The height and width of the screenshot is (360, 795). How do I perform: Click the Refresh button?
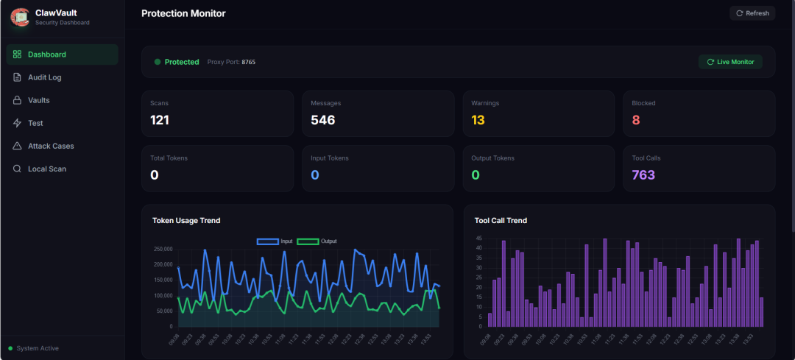(x=752, y=13)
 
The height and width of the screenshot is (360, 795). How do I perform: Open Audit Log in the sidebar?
(x=44, y=77)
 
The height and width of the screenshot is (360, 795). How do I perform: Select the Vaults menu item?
(x=38, y=100)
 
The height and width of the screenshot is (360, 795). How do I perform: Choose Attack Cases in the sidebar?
(x=50, y=146)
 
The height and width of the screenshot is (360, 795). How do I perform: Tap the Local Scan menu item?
(x=46, y=169)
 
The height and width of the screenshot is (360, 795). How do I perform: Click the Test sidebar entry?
(x=35, y=123)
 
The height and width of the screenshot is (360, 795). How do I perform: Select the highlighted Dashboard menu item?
(x=46, y=54)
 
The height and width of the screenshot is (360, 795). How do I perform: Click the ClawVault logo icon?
(x=19, y=17)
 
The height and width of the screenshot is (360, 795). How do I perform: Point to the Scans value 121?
(x=160, y=120)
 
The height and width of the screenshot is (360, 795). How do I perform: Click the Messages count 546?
(x=322, y=120)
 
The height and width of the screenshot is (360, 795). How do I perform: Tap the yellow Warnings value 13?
(x=478, y=120)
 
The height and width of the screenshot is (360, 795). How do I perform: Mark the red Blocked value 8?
(x=636, y=120)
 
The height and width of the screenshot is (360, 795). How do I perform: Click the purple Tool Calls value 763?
(x=643, y=174)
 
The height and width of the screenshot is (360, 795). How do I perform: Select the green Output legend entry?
(x=317, y=241)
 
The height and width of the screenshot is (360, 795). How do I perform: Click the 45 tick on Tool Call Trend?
(x=478, y=239)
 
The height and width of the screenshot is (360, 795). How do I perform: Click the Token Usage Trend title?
(x=186, y=220)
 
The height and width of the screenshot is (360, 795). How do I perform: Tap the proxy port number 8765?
(x=249, y=62)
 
